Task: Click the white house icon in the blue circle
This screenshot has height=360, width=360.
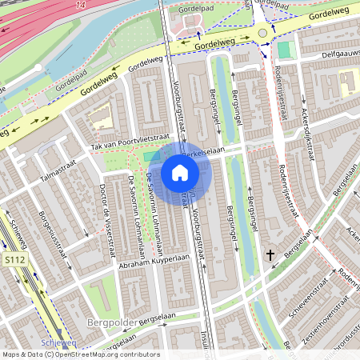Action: [180, 172]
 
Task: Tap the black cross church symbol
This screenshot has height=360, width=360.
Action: [270, 255]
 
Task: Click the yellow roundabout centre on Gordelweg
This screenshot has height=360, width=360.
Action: [262, 33]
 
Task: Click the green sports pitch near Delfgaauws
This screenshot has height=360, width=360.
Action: [285, 50]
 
